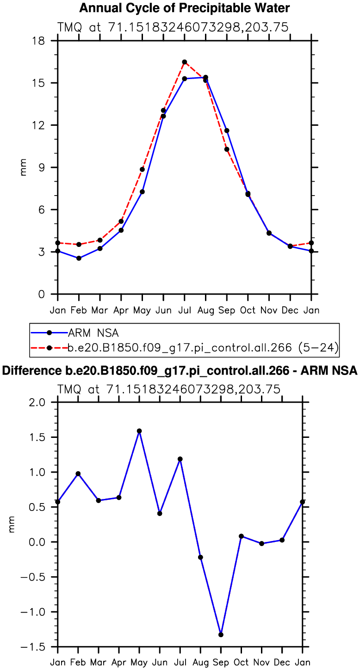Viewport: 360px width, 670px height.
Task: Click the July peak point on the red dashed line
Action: coord(184,62)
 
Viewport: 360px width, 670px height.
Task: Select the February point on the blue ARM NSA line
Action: coord(79,258)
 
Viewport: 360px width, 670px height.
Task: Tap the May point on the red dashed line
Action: coord(142,169)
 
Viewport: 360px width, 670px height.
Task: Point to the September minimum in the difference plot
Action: coord(221,634)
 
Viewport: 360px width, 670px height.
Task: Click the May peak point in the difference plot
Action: coord(139,431)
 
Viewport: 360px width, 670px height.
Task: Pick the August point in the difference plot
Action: coord(200,557)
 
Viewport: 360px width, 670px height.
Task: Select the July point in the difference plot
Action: coord(180,459)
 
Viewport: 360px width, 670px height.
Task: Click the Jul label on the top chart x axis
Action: coord(184,310)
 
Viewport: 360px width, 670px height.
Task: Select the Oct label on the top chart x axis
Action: coord(248,310)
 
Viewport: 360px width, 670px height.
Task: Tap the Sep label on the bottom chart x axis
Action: coord(221,663)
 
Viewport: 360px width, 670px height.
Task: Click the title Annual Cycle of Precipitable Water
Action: coord(185,8)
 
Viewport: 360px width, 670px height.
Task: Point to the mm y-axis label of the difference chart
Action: coord(12,524)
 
